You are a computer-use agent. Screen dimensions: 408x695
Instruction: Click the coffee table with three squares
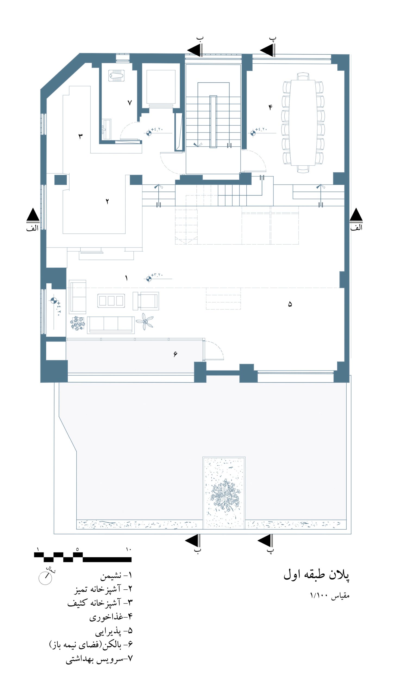pos(111,301)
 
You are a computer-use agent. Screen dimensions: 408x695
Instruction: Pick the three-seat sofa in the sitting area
pos(111,325)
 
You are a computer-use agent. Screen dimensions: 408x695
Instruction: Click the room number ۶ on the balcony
pos(175,354)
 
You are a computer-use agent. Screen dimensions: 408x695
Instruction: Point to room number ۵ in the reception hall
pos(290,304)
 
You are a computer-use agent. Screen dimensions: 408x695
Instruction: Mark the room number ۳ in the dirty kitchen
pos(81,136)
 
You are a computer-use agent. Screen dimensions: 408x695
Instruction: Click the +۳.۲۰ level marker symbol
pos(149,279)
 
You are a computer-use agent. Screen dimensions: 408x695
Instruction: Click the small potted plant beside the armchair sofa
pos(77,323)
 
